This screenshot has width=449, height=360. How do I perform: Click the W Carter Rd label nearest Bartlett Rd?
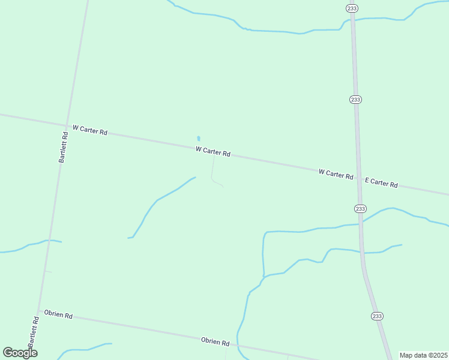tap(89, 130)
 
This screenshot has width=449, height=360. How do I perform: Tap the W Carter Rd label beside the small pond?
tap(212, 152)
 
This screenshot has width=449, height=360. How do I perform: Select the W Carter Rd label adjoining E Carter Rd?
tap(336, 174)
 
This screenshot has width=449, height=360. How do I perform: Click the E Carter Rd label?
tap(381, 183)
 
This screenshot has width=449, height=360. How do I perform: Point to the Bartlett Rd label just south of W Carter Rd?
tap(64, 148)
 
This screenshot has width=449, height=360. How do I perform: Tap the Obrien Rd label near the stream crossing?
tap(215, 342)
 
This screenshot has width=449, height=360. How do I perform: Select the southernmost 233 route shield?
tap(377, 316)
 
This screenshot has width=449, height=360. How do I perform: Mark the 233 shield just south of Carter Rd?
tap(360, 208)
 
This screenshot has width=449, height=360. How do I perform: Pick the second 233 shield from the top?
tap(355, 99)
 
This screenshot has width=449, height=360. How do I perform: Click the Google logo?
tap(20, 353)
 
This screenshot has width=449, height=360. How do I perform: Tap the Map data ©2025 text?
tap(423, 355)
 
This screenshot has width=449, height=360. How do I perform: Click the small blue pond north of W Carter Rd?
tap(199, 139)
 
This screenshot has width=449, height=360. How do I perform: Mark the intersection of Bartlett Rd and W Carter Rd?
tap(67, 126)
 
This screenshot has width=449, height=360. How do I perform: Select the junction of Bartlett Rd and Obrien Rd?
tap(40, 311)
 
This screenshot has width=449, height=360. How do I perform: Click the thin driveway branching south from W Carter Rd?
tap(212, 171)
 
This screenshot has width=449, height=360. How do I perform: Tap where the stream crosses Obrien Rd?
tap(238, 346)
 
